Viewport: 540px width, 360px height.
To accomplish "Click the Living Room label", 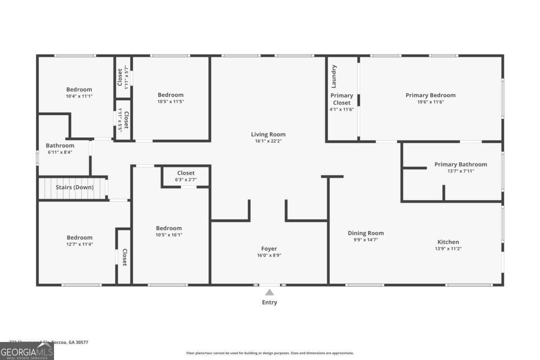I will (x=268, y=135).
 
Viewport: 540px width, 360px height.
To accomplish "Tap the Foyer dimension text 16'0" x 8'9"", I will (x=269, y=255).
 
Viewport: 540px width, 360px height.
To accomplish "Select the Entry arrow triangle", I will (x=269, y=292).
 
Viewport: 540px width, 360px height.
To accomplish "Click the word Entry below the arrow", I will (x=269, y=302).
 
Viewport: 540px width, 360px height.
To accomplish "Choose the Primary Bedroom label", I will (x=430, y=95).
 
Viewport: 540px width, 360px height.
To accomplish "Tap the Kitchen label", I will (x=448, y=242).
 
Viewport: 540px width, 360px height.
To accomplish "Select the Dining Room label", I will (x=365, y=233).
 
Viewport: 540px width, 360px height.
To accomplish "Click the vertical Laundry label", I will (x=334, y=76).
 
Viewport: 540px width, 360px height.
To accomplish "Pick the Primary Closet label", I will (x=342, y=99).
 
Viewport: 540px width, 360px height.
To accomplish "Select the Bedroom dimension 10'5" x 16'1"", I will (x=169, y=235).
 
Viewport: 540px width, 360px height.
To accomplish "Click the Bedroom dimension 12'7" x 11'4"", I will (x=79, y=244).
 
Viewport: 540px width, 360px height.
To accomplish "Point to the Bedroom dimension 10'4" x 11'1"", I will (x=79, y=96).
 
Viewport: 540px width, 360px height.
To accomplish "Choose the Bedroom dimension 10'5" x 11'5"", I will (x=171, y=102).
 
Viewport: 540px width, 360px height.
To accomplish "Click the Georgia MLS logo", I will (x=27, y=351).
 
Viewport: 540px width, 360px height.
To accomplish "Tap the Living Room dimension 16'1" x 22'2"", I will (x=268, y=141).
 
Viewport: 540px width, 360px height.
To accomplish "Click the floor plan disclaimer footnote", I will (x=270, y=353).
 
